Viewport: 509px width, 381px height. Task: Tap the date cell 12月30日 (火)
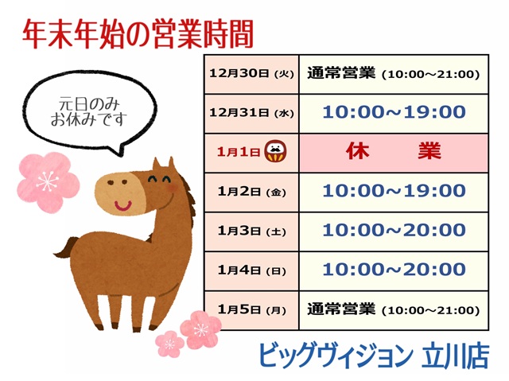click(x=251, y=74)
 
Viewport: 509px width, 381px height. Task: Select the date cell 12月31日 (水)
click(x=251, y=113)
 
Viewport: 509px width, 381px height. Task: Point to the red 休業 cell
click(x=394, y=151)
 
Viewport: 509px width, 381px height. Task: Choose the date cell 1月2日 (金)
click(x=251, y=191)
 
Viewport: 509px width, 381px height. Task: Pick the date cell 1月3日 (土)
click(x=251, y=231)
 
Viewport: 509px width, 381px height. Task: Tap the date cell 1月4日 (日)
click(x=251, y=270)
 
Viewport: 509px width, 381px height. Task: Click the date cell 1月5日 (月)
click(x=251, y=309)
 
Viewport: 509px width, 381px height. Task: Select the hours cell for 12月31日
click(x=394, y=112)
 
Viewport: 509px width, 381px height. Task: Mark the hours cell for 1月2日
click(x=394, y=191)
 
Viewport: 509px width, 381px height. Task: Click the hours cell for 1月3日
click(x=394, y=231)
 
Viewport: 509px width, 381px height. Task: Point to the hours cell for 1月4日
click(x=394, y=270)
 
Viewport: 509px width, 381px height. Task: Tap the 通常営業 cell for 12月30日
click(x=394, y=74)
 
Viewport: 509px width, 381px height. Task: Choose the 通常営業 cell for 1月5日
click(x=394, y=309)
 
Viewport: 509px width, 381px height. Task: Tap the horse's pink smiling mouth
click(x=124, y=205)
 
